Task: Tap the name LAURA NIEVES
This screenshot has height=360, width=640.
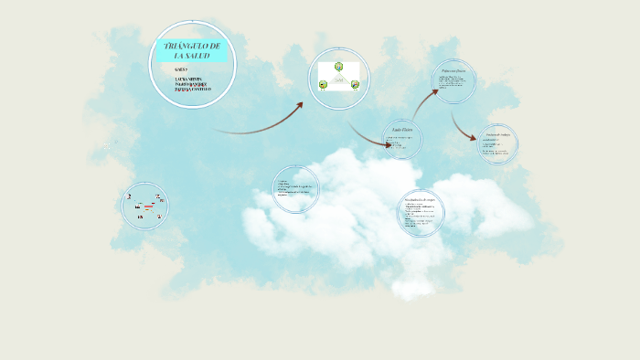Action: pyautogui.click(x=188, y=79)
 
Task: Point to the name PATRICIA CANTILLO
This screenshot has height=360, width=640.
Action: pyautogui.click(x=192, y=90)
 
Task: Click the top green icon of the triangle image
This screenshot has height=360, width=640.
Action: pyautogui.click(x=338, y=67)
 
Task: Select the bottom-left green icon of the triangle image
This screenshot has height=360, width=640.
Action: pyautogui.click(x=323, y=86)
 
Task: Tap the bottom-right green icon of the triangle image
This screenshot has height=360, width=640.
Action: pyautogui.click(x=355, y=86)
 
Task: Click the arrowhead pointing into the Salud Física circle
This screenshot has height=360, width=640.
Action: pyautogui.click(x=388, y=144)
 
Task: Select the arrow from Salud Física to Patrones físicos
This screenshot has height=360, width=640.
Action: pyautogui.click(x=424, y=101)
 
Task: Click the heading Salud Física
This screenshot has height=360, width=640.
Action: pyautogui.click(x=403, y=131)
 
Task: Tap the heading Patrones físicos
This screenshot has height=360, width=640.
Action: pyautogui.click(x=454, y=69)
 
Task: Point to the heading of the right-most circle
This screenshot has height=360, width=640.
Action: pyautogui.click(x=498, y=133)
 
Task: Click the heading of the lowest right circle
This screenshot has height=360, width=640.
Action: pyautogui.click(x=421, y=199)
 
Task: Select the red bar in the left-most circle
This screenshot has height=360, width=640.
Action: pyautogui.click(x=148, y=206)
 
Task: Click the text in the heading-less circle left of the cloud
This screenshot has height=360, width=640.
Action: pyautogui.click(x=295, y=189)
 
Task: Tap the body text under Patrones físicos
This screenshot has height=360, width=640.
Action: pyautogui.click(x=453, y=85)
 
